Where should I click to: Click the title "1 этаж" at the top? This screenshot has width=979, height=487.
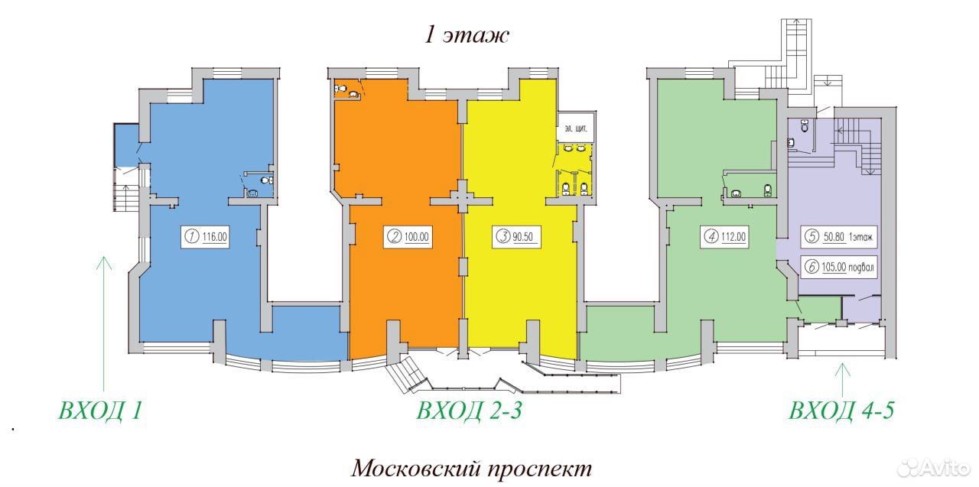point(467,35)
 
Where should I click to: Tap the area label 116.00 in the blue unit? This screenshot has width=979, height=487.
point(215,237)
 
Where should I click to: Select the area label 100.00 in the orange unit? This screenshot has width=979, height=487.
point(417,237)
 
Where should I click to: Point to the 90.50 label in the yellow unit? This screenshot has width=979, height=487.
point(522,237)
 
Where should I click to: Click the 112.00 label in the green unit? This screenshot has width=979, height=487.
point(733,237)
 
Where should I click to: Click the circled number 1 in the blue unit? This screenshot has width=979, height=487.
point(192,237)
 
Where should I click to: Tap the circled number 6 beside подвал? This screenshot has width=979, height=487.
point(811,266)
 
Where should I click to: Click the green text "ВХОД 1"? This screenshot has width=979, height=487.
point(100,411)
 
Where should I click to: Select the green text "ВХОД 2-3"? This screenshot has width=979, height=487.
point(470,411)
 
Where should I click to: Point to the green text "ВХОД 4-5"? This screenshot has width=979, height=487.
point(841,411)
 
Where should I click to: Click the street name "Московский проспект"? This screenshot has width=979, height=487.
point(472,469)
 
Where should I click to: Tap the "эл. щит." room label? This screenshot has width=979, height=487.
point(576,129)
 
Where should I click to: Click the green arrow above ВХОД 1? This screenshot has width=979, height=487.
point(103,323)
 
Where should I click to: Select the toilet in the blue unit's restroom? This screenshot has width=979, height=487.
point(266,180)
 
